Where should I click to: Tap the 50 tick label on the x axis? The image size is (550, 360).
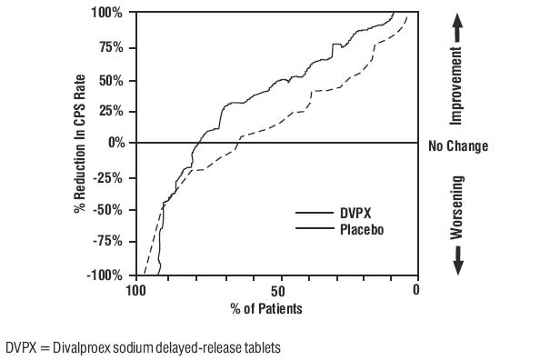pyautogui.click(x=276, y=291)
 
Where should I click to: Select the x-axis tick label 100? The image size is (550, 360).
pyautogui.click(x=136, y=291)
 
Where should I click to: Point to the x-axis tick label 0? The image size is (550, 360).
pyautogui.click(x=416, y=291)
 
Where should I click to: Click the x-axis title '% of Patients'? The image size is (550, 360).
pyautogui.click(x=267, y=309)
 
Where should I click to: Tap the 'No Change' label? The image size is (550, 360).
pyautogui.click(x=458, y=146)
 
